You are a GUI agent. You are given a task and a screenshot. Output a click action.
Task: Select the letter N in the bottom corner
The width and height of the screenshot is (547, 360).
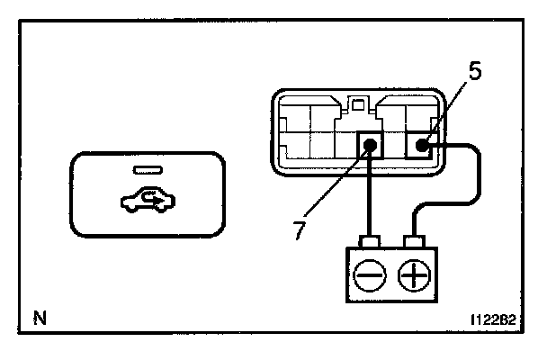pos(38,317)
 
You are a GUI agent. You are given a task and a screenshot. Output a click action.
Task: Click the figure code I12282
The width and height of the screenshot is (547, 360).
pos(494,318)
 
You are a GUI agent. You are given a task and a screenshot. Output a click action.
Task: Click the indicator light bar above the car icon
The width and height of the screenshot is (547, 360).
pos(144,170)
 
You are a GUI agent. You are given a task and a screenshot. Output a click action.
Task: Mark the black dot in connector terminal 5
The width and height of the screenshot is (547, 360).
pos(420,143)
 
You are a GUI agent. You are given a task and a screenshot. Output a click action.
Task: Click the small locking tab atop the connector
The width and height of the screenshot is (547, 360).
pos(360,104)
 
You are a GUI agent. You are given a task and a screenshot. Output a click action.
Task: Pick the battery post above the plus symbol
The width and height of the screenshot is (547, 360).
pos(414,241)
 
